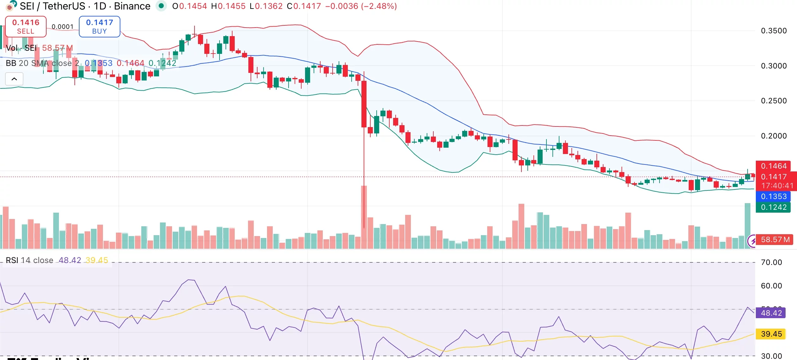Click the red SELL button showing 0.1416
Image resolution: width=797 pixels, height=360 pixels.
[x=26, y=27]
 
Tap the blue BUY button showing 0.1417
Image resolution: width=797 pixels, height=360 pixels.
[x=99, y=27]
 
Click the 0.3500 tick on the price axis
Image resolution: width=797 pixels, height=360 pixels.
[x=774, y=31]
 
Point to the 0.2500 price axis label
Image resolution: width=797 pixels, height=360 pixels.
[x=774, y=101]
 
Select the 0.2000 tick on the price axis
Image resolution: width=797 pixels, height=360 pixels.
[x=774, y=136]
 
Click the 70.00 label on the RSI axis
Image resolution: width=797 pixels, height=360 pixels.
[x=771, y=262]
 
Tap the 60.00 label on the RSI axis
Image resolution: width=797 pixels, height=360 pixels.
[x=771, y=286]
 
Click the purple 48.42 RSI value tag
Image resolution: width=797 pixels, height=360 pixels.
[x=771, y=313]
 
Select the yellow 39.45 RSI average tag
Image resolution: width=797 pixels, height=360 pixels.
[x=771, y=334]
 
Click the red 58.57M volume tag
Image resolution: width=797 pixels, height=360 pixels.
[x=775, y=240]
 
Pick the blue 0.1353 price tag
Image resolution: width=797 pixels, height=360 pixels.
[x=774, y=196]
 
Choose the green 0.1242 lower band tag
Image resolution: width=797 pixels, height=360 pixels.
[x=774, y=207]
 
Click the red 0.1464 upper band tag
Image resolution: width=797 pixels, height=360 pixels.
[x=774, y=166]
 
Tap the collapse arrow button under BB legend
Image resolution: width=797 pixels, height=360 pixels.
[x=14, y=79]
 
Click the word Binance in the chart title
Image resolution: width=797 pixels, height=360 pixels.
[x=132, y=6]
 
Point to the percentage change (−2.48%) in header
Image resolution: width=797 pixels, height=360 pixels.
[x=379, y=6]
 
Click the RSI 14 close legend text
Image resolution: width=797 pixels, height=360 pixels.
[x=29, y=260]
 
